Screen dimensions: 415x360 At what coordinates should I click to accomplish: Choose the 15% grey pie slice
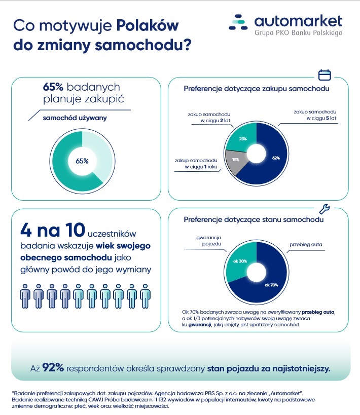(x=236, y=159)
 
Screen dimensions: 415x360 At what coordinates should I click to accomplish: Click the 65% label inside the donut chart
(x=82, y=161)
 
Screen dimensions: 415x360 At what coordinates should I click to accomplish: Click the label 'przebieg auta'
(x=306, y=244)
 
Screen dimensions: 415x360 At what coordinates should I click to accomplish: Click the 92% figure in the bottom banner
(x=53, y=367)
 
